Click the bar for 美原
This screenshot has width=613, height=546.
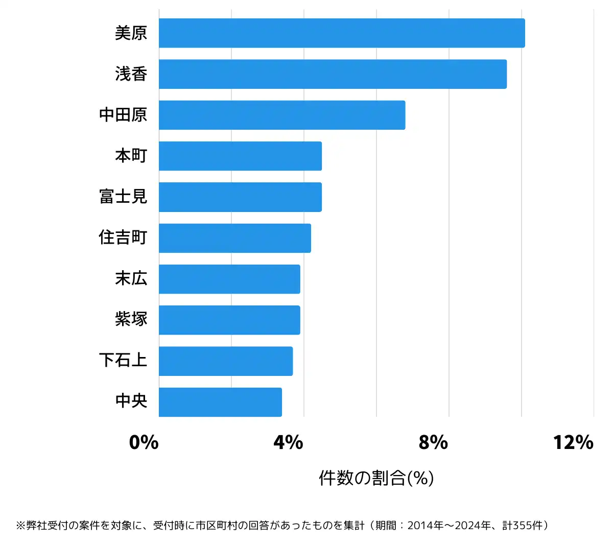(x=342, y=33)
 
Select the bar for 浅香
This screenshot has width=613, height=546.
(x=333, y=74)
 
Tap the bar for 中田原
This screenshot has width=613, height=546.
(x=282, y=115)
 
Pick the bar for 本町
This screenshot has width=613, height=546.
(x=240, y=156)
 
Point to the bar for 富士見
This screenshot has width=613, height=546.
(x=240, y=197)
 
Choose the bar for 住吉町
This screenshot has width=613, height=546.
(x=235, y=238)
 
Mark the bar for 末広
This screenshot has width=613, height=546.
(x=229, y=279)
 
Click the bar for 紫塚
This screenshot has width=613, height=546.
(x=229, y=320)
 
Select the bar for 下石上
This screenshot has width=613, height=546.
(x=226, y=361)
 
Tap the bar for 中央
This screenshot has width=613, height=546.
(x=220, y=402)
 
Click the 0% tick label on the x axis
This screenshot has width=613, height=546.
(x=144, y=442)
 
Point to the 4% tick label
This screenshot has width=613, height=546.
(x=289, y=442)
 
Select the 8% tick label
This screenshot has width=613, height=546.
(x=433, y=442)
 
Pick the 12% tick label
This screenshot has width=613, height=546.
(x=573, y=442)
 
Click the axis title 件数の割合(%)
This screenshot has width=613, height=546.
(x=376, y=478)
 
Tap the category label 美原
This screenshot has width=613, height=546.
(x=131, y=33)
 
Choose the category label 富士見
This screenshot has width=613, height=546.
(x=123, y=197)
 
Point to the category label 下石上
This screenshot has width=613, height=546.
(x=123, y=361)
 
